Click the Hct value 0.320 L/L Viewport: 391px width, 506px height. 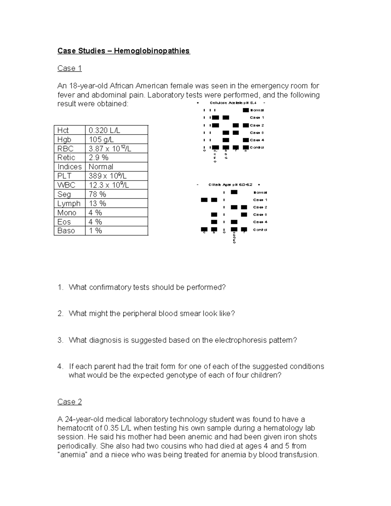click(104, 130)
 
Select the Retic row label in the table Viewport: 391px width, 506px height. click(66, 158)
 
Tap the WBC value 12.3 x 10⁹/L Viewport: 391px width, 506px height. click(109, 185)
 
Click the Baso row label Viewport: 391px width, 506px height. click(66, 231)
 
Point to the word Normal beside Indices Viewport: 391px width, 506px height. click(101, 167)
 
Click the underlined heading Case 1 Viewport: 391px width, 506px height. click(69, 68)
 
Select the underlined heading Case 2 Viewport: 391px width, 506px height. click(69, 402)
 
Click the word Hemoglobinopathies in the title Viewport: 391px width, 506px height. click(152, 51)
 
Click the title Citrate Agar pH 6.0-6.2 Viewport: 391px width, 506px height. click(230, 185)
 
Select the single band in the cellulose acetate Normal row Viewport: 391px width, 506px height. click(246, 110)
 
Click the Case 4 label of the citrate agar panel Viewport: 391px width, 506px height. click(260, 222)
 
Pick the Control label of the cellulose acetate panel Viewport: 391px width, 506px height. click(257, 148)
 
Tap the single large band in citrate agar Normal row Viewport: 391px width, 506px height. click(234, 193)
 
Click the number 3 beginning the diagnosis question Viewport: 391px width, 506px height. click(60, 340)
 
